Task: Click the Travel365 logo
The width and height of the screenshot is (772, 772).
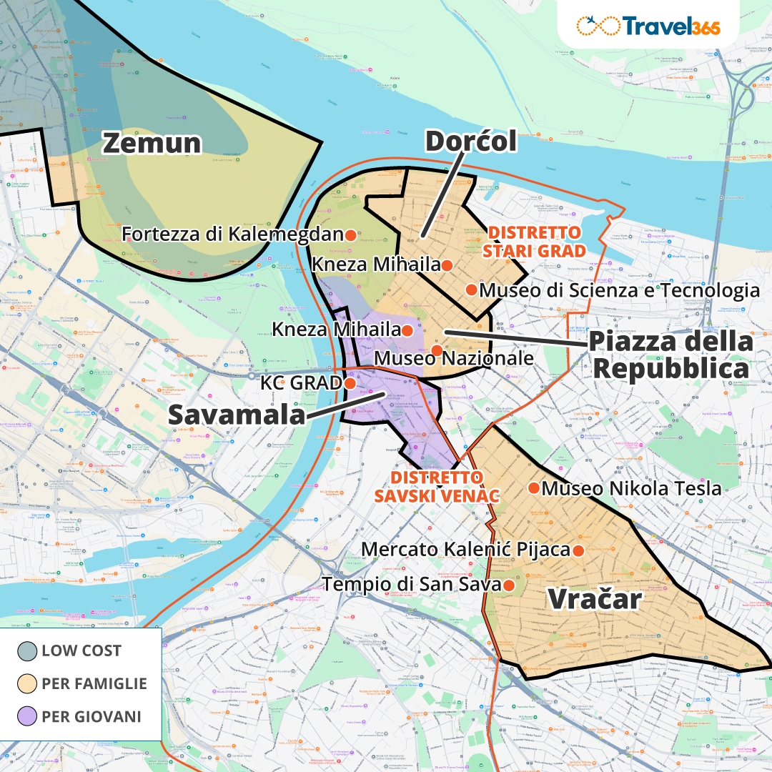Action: click(x=648, y=25)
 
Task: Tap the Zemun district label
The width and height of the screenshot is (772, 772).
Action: click(x=152, y=143)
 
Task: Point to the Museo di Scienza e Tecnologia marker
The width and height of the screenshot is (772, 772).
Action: click(x=471, y=289)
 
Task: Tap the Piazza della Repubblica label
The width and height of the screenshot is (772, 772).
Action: click(x=670, y=355)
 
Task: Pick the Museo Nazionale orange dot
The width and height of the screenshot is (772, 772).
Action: click(x=436, y=349)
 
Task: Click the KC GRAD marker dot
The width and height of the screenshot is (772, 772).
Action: click(x=350, y=383)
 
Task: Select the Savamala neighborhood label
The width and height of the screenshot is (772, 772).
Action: click(x=236, y=415)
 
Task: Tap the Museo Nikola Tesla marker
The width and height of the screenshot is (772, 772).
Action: click(x=533, y=488)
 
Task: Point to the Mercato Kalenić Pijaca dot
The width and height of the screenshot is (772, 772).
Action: click(x=578, y=550)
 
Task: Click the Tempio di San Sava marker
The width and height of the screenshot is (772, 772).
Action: click(x=509, y=585)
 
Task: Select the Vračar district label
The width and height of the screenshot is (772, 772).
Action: click(x=594, y=599)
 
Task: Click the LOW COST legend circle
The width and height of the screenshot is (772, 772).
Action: click(x=27, y=651)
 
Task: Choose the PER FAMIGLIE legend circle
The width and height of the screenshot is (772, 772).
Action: click(x=27, y=683)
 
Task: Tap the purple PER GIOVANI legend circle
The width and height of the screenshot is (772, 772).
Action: click(x=27, y=716)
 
